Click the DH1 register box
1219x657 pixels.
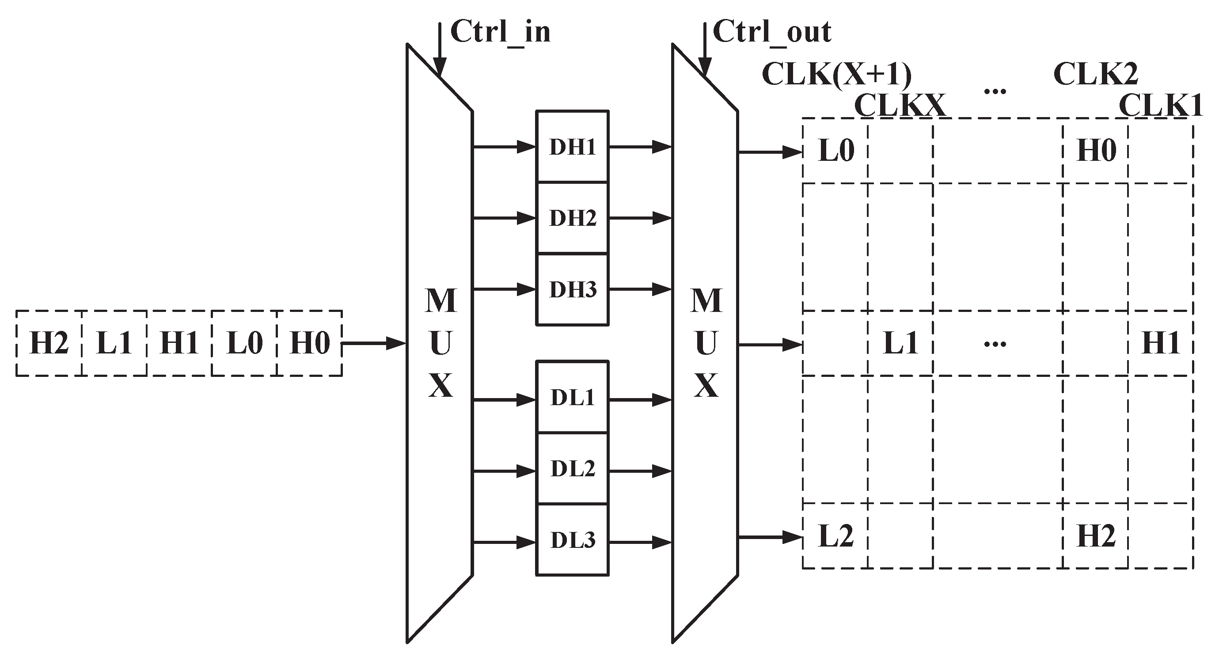click(x=572, y=147)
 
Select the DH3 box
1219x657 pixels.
click(x=572, y=289)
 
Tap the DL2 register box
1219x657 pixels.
click(x=572, y=468)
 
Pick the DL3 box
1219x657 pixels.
click(x=572, y=539)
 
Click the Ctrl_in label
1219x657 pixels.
click(x=501, y=32)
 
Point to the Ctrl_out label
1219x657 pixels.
click(x=772, y=32)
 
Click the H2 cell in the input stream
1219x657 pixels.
click(x=49, y=343)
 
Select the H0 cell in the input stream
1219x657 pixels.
click(x=309, y=343)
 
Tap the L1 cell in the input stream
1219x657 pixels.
click(x=114, y=343)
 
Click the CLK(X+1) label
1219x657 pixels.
click(x=837, y=75)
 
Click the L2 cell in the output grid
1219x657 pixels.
click(x=835, y=536)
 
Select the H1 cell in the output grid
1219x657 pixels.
click(x=1160, y=343)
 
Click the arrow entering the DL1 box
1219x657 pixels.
click(x=505, y=400)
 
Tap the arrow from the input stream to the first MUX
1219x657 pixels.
click(x=374, y=343)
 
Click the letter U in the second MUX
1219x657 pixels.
click(x=706, y=343)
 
